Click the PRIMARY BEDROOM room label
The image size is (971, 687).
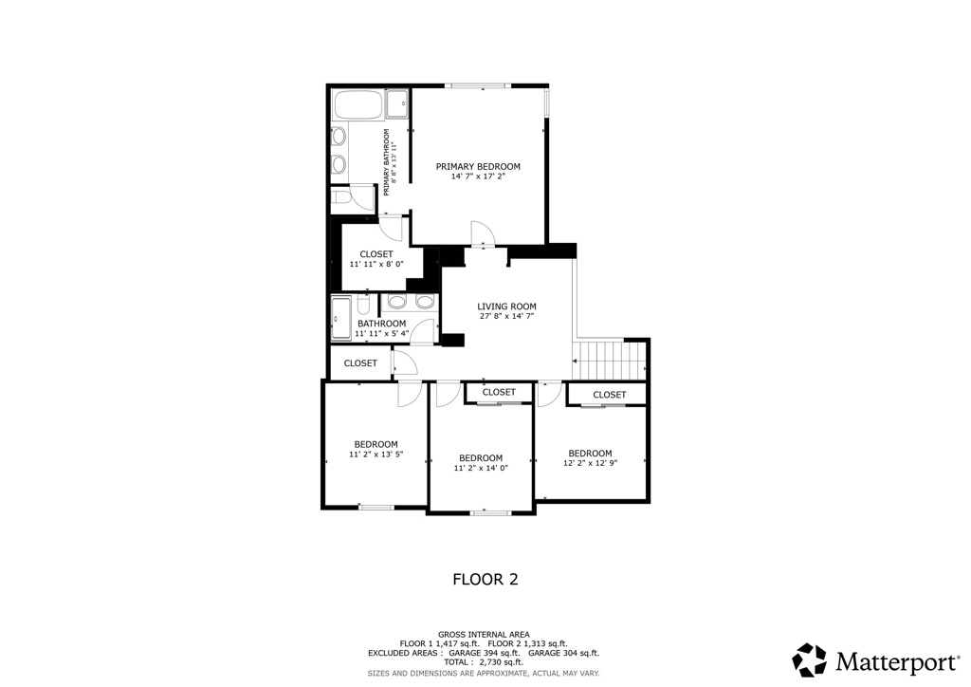tap(478, 167)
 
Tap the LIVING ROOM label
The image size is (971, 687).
tap(506, 306)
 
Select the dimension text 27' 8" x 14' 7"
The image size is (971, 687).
tap(506, 316)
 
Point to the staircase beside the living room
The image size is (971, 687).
tap(610, 361)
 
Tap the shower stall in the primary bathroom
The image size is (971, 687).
tap(397, 103)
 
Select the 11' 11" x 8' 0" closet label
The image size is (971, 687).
tap(376, 259)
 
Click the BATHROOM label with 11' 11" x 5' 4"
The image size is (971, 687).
tap(381, 328)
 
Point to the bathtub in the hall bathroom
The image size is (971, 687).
tap(341, 319)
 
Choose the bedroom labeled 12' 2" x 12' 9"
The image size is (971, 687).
tap(590, 457)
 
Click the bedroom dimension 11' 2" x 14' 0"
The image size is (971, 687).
tap(481, 469)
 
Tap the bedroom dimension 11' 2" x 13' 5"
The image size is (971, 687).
tap(376, 455)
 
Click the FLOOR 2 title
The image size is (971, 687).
tap(485, 579)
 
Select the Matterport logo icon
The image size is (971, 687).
tap(810, 660)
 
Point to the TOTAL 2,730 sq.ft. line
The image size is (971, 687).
tap(483, 662)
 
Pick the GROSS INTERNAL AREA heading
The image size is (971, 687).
tap(484, 635)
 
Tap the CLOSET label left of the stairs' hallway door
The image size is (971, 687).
tap(360, 363)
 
